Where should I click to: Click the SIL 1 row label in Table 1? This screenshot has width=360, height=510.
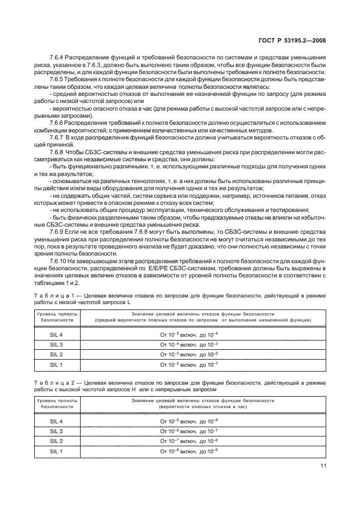(x=57, y=365)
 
